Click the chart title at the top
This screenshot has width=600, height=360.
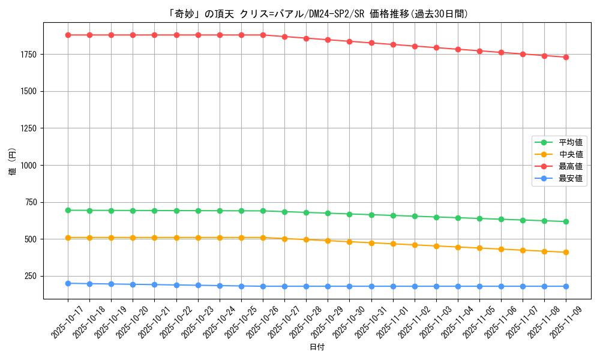click(x=300, y=14)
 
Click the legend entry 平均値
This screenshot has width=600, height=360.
click(x=570, y=142)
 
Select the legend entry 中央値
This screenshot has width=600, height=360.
click(x=570, y=154)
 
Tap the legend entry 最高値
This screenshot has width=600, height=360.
click(x=570, y=166)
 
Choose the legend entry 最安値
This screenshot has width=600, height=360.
click(x=570, y=178)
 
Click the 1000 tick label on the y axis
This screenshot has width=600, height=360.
click(x=29, y=165)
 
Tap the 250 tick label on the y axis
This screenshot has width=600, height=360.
click(x=31, y=276)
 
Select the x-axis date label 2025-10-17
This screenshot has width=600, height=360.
click(x=61, y=322)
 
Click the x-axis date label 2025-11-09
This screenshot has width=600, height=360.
click(x=559, y=322)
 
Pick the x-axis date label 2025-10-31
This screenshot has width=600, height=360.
click(x=364, y=322)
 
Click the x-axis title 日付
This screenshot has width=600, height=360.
click(x=317, y=347)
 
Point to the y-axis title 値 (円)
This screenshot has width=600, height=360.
click(x=13, y=162)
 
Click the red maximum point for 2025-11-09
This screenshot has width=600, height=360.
click(x=566, y=57)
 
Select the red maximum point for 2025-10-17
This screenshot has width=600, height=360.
click(x=68, y=35)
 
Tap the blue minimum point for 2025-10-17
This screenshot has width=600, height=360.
click(x=68, y=283)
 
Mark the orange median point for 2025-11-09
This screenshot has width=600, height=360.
click(x=566, y=252)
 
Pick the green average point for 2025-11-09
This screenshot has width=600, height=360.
click(x=566, y=221)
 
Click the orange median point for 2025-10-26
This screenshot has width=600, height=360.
click(x=263, y=238)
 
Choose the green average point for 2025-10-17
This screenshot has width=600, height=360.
click(x=68, y=210)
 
